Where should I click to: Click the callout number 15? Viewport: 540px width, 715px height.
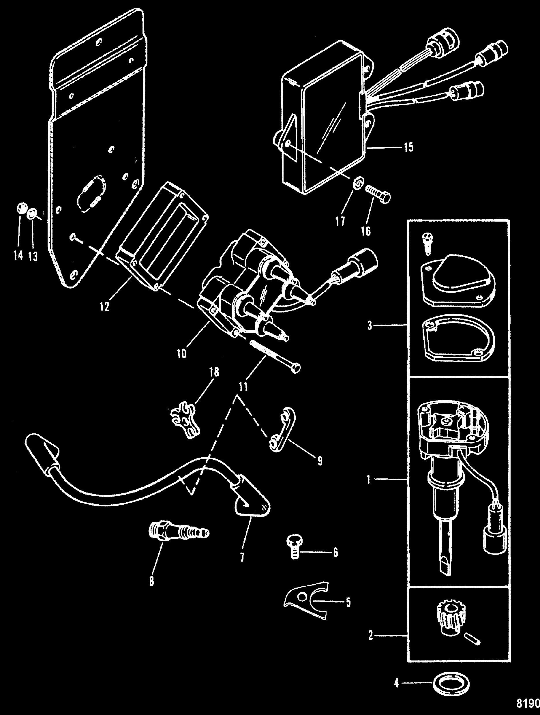click(x=408, y=147)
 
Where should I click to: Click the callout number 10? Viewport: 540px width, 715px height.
click(x=182, y=354)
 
